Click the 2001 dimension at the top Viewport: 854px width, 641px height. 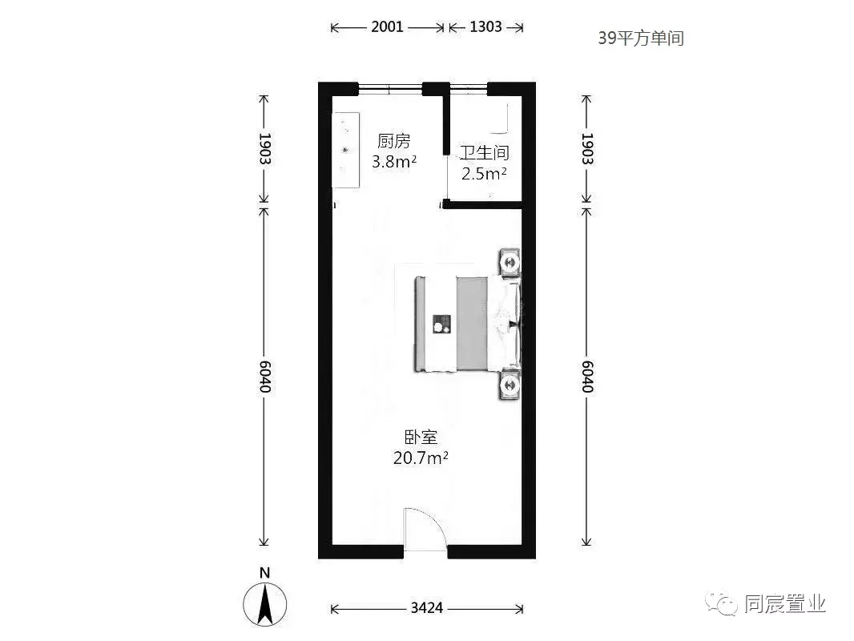click(387, 26)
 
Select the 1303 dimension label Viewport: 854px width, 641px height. click(485, 26)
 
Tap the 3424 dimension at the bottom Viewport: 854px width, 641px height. click(427, 608)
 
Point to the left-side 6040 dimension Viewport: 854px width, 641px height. click(264, 377)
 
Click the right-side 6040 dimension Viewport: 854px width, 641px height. click(587, 377)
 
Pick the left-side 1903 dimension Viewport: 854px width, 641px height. click(264, 149)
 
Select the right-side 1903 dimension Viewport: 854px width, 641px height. click(587, 149)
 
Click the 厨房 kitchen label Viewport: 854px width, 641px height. click(394, 141)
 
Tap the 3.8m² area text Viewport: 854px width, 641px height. click(394, 161)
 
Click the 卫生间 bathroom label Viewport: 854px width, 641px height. click(484, 152)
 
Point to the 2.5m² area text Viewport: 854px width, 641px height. click(484, 173)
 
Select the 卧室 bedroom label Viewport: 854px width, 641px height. click(421, 437)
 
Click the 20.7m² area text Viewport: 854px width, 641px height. click(421, 458)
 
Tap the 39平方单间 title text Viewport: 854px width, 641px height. click(641, 38)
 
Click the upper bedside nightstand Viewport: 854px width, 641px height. click(510, 263)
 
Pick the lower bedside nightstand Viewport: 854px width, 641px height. click(510, 385)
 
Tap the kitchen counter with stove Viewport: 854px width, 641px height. click(346, 151)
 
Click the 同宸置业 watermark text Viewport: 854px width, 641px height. click(785, 604)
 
